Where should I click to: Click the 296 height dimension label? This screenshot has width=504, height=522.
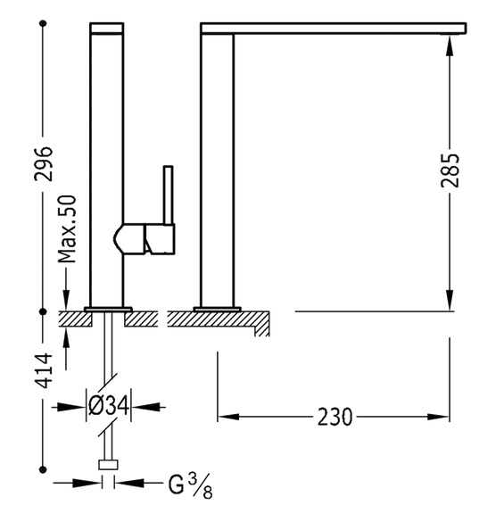(x=44, y=164)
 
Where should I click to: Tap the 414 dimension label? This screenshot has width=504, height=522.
(x=44, y=370)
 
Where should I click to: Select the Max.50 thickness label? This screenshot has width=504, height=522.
(x=67, y=229)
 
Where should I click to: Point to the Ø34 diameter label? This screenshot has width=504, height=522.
(x=109, y=405)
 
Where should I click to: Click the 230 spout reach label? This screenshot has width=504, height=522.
(x=335, y=417)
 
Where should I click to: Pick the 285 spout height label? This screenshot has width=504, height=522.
(x=450, y=170)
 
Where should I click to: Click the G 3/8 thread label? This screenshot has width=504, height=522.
(x=190, y=485)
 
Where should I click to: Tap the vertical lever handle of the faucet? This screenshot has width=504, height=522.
(x=168, y=195)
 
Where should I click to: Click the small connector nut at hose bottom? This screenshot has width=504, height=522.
(x=108, y=464)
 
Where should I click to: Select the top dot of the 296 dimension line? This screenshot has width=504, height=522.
(x=43, y=23)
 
